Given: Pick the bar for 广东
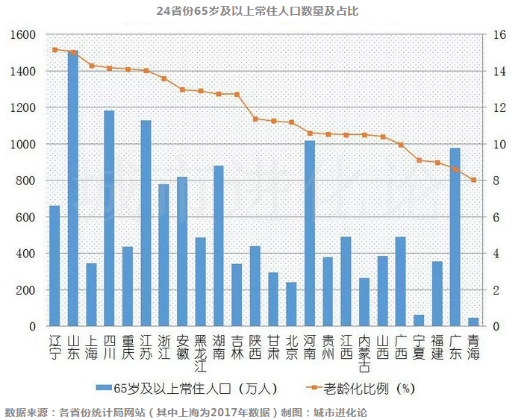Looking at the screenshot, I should [x=455, y=236].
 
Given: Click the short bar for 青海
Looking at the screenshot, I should [x=473, y=322].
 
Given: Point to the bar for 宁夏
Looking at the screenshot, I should [x=419, y=320].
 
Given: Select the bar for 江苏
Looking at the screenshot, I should [x=146, y=223].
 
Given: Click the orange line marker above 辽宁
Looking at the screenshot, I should [x=54, y=50].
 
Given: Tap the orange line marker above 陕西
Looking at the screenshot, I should [x=255, y=119].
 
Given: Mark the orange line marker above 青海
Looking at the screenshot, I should [x=473, y=180].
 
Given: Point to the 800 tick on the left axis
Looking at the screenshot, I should [x=26, y=181].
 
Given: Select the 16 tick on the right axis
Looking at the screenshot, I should [x=499, y=35].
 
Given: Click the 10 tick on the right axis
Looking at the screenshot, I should [x=499, y=144].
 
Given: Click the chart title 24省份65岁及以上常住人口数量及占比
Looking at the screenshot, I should [x=257, y=11].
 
